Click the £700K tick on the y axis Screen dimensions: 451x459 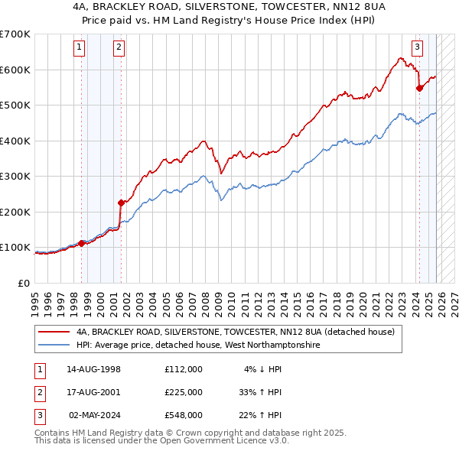click(x=15, y=34)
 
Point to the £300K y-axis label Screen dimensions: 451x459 click(x=15, y=176)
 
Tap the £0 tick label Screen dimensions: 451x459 click(x=24, y=283)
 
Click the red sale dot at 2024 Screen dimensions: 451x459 click(x=419, y=88)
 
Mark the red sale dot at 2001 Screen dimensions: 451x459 click(x=121, y=203)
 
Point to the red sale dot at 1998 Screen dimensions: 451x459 click(x=82, y=243)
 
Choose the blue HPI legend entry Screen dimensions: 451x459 click(x=199, y=346)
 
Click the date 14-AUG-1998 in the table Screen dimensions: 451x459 click(x=93, y=369)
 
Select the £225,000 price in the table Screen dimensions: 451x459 click(x=183, y=392)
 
